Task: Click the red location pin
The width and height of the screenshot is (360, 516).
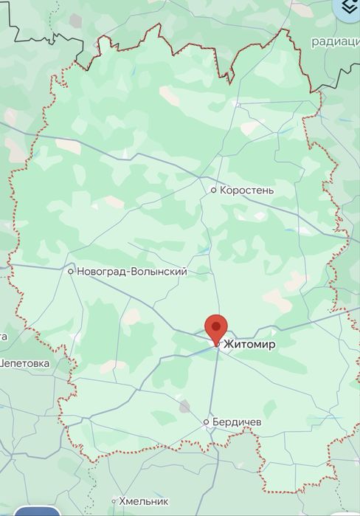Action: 215,327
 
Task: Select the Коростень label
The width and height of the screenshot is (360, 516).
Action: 247,190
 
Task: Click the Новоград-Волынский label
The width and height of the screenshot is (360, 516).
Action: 132,272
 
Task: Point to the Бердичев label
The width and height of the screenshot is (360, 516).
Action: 237,422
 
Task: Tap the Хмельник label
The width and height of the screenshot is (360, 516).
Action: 144,501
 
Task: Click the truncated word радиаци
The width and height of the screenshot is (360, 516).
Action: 335,41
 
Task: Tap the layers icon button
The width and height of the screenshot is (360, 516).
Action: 347,8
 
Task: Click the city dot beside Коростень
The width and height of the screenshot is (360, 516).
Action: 213,190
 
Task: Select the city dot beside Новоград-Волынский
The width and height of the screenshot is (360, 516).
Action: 71,272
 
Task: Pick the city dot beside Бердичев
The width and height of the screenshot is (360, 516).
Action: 206,422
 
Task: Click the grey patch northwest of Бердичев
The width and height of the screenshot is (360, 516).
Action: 184,406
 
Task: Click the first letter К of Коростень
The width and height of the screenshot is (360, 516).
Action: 224,190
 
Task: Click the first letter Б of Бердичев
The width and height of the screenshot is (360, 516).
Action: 215,422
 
